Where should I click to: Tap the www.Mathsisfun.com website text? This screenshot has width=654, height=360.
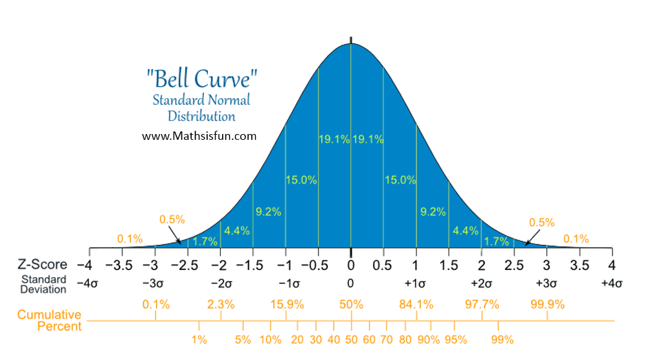point(199,136)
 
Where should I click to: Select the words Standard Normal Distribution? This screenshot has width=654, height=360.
point(201,108)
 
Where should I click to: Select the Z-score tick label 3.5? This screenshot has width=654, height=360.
point(580,265)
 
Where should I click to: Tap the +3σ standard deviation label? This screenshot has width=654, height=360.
point(547,284)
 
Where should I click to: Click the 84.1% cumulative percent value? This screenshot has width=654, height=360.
point(416,304)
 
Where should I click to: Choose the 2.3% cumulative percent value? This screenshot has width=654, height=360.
point(221,304)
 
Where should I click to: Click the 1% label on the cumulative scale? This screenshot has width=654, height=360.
point(199,339)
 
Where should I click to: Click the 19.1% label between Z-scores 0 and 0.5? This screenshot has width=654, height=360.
point(368,139)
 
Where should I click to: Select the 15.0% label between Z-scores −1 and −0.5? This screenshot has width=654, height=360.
point(301,180)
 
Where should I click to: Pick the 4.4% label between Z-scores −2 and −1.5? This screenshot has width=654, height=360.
point(236,230)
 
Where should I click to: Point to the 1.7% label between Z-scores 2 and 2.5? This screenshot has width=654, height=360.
point(497,242)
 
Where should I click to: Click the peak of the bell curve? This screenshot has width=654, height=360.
point(351,43)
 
